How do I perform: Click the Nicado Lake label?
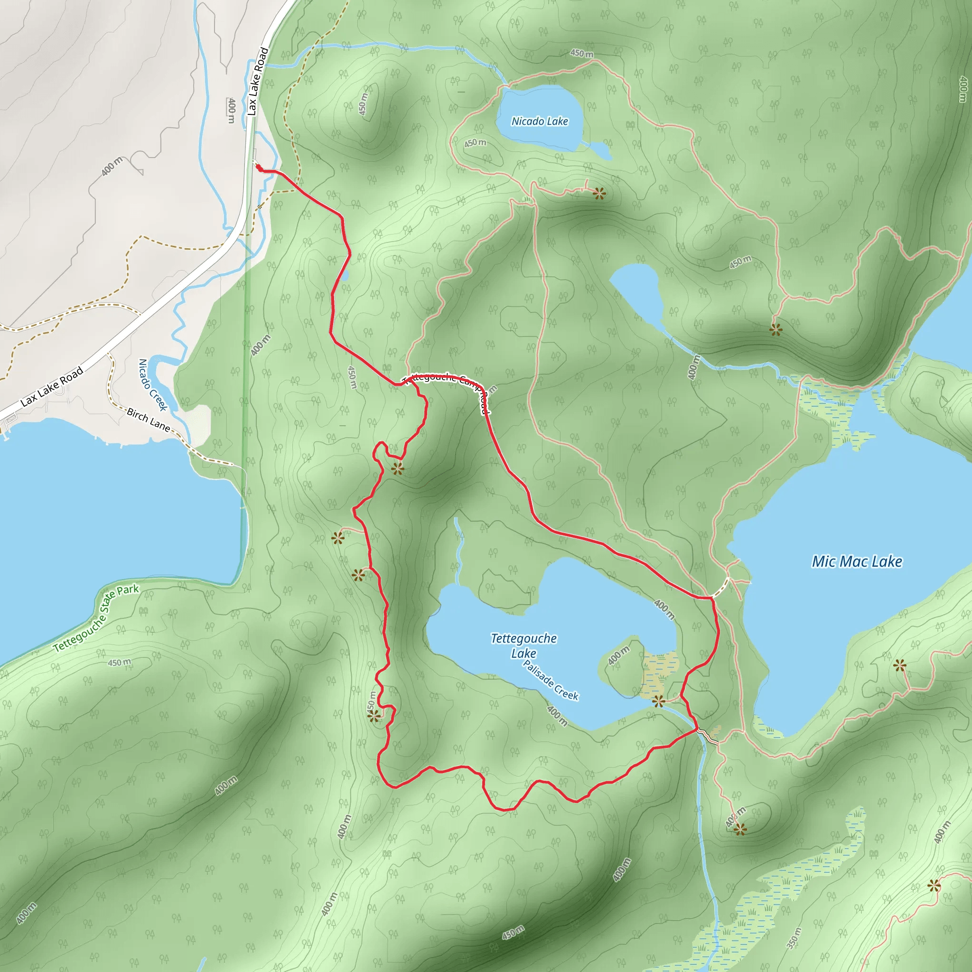point(539,121)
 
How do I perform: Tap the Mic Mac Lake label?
point(857,562)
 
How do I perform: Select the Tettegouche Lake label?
point(524,645)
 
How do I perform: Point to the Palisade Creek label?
point(551,680)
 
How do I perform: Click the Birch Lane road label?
point(148,419)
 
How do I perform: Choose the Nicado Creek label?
point(152,385)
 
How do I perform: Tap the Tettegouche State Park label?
point(95,618)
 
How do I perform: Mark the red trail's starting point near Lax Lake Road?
point(258,167)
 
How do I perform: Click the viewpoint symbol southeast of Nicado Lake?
point(598,193)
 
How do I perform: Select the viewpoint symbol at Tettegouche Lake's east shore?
point(659,701)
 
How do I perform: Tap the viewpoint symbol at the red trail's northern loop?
point(397,469)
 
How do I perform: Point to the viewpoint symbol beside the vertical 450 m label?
point(374,716)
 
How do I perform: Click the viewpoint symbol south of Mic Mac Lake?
point(739,829)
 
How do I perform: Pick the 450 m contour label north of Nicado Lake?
point(581,53)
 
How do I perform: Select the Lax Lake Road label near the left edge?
point(52,387)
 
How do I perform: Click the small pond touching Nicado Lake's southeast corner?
point(600,150)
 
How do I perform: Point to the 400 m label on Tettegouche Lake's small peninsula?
point(618,655)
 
